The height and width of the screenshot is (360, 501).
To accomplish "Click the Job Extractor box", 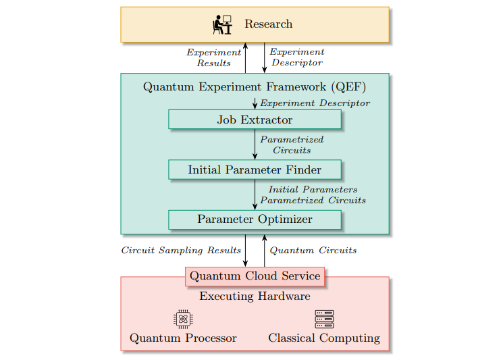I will [x=255, y=120].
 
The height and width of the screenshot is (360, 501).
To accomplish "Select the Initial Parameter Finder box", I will [x=255, y=170].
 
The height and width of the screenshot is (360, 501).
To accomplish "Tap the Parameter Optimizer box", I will [x=255, y=220].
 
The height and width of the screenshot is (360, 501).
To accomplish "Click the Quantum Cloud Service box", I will [x=255, y=276].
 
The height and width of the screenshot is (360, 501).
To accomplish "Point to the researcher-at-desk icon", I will [x=222, y=24].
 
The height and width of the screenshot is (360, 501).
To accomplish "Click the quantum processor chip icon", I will [x=183, y=319].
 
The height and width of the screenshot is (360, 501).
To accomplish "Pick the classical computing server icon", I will [x=324, y=319].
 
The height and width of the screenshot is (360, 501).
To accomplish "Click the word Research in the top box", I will [x=268, y=24].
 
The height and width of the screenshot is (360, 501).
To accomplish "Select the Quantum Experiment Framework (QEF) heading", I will [x=255, y=87].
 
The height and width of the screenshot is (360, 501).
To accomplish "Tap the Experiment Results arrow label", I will [x=213, y=57].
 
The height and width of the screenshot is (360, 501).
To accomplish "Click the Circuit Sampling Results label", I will [x=181, y=251].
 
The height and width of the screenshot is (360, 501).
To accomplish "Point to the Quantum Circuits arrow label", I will [x=313, y=251].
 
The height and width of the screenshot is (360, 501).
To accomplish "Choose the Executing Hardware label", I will [x=255, y=297].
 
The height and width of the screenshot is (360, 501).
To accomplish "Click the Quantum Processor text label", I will [x=183, y=338].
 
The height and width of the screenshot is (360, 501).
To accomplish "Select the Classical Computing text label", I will [x=324, y=338].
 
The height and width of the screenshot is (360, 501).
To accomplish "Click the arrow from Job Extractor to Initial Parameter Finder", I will [x=255, y=145].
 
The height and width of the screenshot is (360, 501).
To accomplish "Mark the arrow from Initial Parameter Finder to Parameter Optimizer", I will [x=255, y=195].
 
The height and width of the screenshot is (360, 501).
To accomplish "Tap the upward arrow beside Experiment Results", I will [x=246, y=57].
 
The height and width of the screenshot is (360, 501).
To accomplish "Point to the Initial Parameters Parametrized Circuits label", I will [x=313, y=195].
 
